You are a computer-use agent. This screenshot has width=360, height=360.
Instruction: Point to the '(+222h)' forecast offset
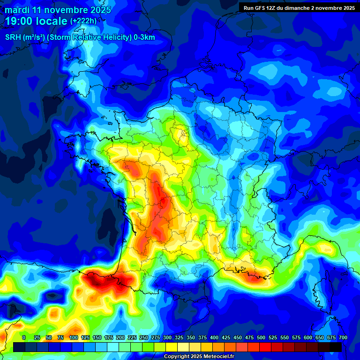[83, 21]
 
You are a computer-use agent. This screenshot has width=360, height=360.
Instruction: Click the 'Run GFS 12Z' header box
[299, 8]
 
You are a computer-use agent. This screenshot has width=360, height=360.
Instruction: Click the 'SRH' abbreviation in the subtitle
[13, 37]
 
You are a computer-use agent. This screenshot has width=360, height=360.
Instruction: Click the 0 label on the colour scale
[24, 337]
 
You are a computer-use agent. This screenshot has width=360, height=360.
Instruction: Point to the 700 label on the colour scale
[343, 337]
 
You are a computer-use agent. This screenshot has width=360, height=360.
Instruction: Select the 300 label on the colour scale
[167, 337]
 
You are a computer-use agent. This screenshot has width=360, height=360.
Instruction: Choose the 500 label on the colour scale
[261, 337]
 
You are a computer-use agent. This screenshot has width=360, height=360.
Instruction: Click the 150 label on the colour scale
[97, 337]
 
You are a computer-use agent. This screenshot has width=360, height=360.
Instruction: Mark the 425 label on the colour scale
[226, 337]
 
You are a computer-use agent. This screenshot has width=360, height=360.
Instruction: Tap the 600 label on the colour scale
[308, 337]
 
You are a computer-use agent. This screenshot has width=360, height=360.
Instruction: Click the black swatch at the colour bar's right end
[336, 347]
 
